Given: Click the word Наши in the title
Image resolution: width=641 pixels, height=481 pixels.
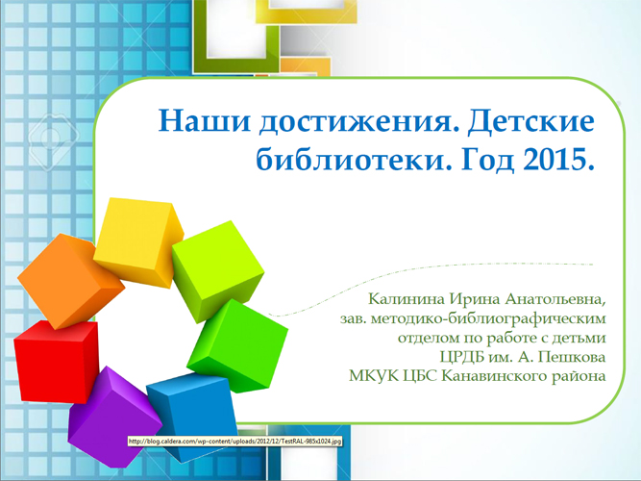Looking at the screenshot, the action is point(204,121).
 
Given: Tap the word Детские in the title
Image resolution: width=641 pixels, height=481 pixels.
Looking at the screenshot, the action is point(531,121).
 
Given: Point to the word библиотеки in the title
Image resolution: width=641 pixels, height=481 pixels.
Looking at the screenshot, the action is point(354,159).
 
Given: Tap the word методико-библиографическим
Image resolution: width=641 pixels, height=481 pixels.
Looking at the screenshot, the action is point(488,318).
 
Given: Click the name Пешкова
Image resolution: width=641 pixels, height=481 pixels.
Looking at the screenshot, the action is point(571,357).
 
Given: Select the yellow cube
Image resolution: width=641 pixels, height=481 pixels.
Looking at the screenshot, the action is point(137,240).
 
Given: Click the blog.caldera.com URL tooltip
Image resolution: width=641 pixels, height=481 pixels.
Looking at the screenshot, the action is point(234,442).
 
